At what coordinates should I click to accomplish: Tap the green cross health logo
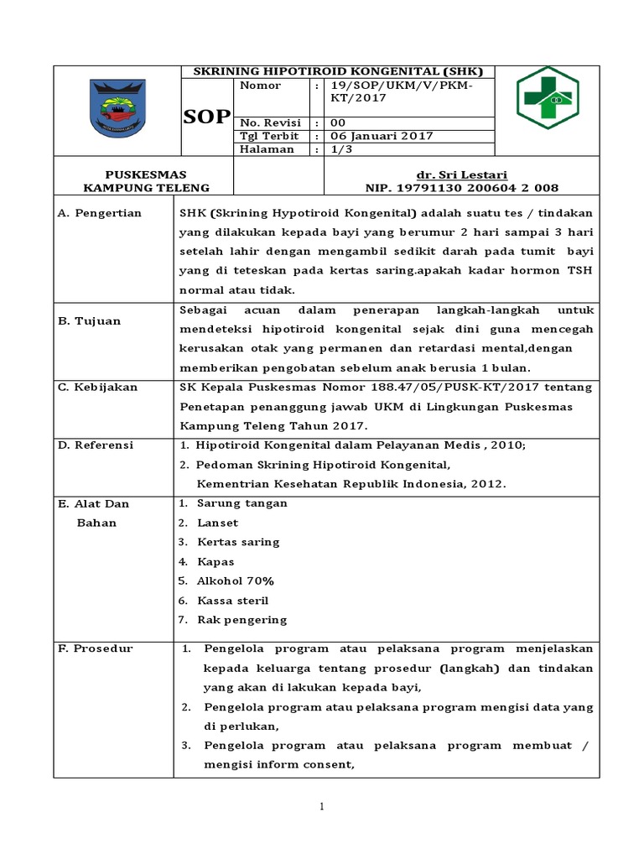pyautogui.click(x=546, y=99)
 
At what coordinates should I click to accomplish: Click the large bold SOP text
pyautogui.click(x=206, y=117)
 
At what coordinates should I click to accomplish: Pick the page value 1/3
pyautogui.click(x=340, y=149)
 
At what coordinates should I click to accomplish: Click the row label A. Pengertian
pyautogui.click(x=100, y=213)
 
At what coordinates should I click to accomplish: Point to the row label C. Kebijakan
pyautogui.click(x=97, y=388)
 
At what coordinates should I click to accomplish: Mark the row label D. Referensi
pyautogui.click(x=96, y=445)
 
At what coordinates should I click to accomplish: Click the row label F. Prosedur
pyautogui.click(x=95, y=649)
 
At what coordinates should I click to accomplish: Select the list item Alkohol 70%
pyautogui.click(x=235, y=581)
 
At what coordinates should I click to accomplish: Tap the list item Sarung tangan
pyautogui.click(x=241, y=503)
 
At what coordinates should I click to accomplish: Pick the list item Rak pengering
pyautogui.click(x=241, y=620)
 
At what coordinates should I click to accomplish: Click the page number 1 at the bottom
pyautogui.click(x=321, y=807)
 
